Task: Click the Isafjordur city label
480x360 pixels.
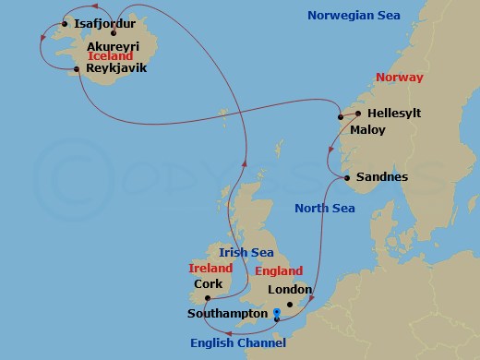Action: (x=104, y=23)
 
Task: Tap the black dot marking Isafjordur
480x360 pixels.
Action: (x=65, y=23)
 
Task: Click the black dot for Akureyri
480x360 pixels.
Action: (x=114, y=33)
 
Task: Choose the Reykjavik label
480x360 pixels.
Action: (x=116, y=68)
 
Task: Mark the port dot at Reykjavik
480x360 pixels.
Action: (x=78, y=67)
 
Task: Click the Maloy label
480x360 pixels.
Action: (x=367, y=130)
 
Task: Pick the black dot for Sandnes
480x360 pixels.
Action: (x=345, y=177)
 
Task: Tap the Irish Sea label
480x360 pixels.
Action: (x=246, y=252)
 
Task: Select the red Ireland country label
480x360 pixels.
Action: (x=210, y=268)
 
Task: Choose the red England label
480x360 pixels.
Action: (x=281, y=271)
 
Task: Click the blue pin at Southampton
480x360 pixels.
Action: (x=277, y=314)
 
